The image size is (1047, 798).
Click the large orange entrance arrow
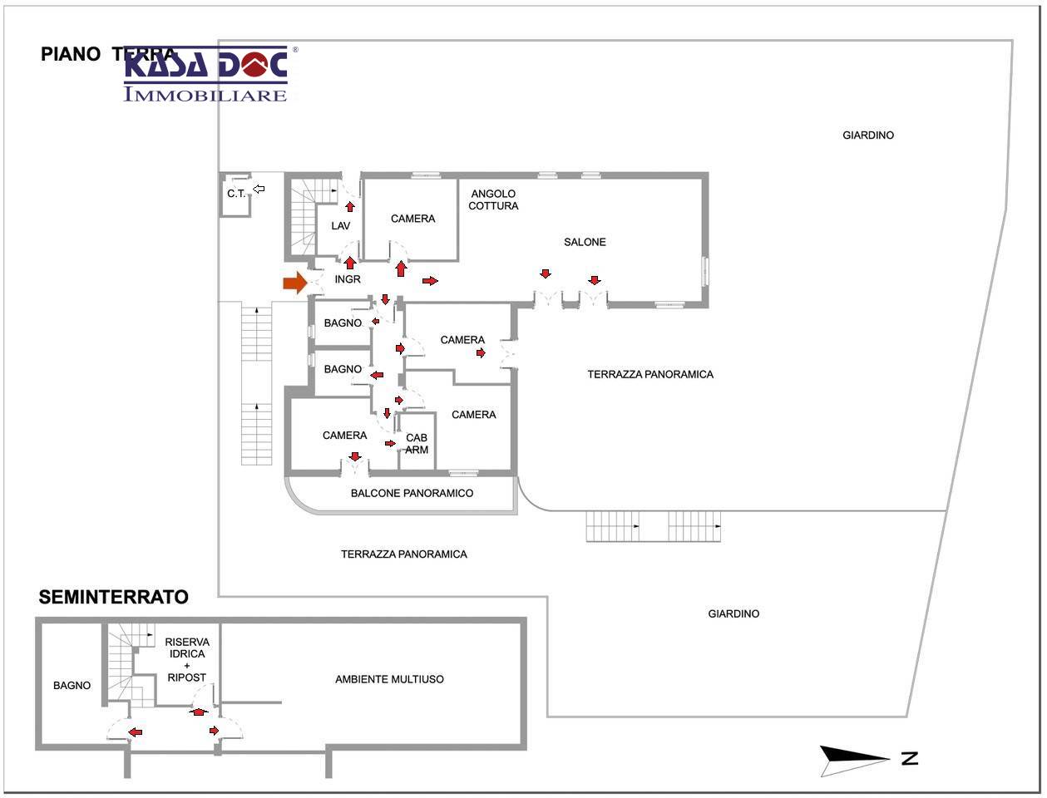[x=294, y=283]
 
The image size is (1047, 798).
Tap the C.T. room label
[x=236, y=194]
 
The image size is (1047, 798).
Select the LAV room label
[x=341, y=226]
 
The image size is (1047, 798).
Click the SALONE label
[x=585, y=242]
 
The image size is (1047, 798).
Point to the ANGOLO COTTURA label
[x=493, y=199]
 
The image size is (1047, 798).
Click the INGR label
[x=348, y=279]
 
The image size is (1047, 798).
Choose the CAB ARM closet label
[x=417, y=444]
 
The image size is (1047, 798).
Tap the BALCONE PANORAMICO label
[x=412, y=493]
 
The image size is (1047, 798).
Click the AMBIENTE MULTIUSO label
[x=389, y=679]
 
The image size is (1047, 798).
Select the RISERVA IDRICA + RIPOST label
[x=186, y=659]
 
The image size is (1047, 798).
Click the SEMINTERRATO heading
[x=114, y=597]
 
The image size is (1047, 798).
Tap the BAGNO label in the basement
[x=72, y=686]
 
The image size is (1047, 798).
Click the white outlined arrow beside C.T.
[x=259, y=190]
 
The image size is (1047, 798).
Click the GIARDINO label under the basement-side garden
[x=733, y=613]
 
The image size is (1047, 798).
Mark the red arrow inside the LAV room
[x=350, y=205]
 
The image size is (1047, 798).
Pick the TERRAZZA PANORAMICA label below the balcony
[x=403, y=554]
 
